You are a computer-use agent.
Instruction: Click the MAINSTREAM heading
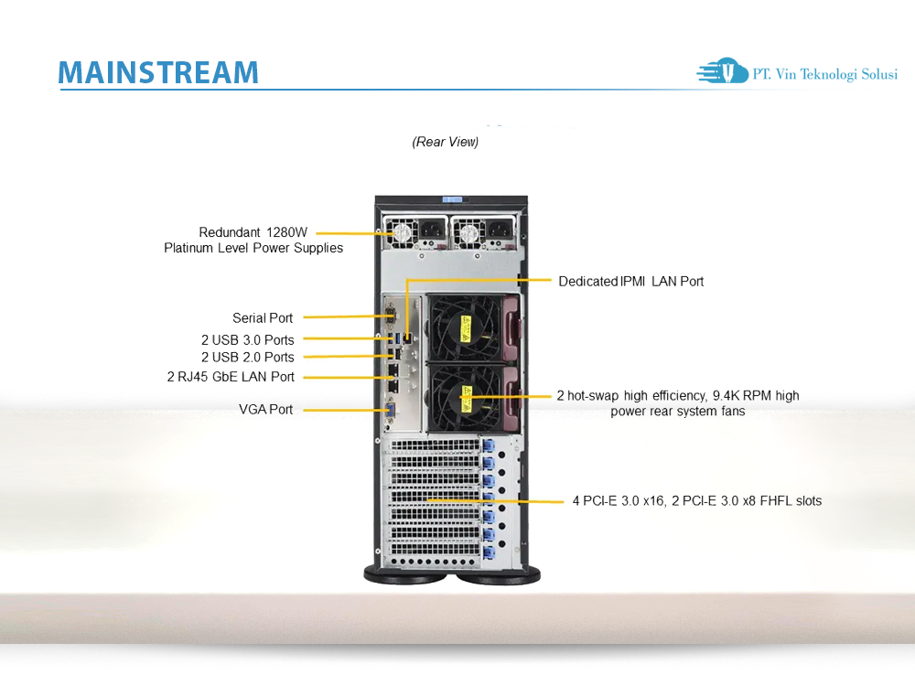pyautogui.click(x=157, y=72)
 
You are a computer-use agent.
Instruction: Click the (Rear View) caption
pyautogui.click(x=446, y=143)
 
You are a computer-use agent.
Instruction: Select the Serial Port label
pyautogui.click(x=263, y=318)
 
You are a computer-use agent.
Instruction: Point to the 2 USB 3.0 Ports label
pyautogui.click(x=247, y=340)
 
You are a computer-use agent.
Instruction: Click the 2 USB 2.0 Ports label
pyautogui.click(x=247, y=357)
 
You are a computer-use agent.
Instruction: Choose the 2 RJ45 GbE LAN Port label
pyautogui.click(x=231, y=377)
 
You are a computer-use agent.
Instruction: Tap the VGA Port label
pyautogui.click(x=266, y=410)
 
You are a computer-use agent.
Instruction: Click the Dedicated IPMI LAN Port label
pyautogui.click(x=631, y=282)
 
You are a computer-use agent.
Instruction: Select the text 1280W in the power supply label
pyautogui.click(x=287, y=232)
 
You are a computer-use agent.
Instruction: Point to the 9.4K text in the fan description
pyautogui.click(x=729, y=396)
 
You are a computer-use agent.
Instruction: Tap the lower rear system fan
pyautogui.click(x=465, y=399)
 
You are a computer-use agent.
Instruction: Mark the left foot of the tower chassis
pyautogui.click(x=405, y=574)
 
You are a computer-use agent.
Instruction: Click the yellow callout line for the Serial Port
pyautogui.click(x=343, y=317)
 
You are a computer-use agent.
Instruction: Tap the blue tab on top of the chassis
pyautogui.click(x=451, y=198)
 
